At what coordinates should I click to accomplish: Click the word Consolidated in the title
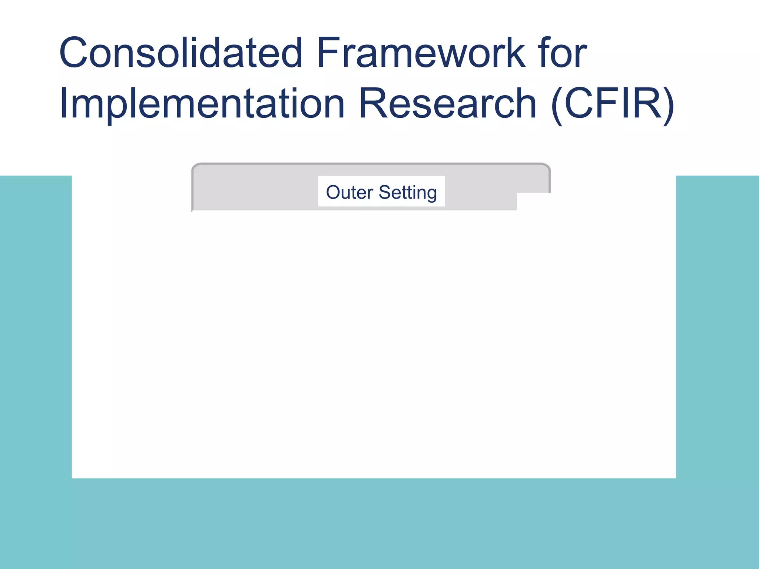click(181, 53)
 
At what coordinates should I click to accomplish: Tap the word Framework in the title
click(420, 53)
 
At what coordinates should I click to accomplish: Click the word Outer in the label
click(349, 192)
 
